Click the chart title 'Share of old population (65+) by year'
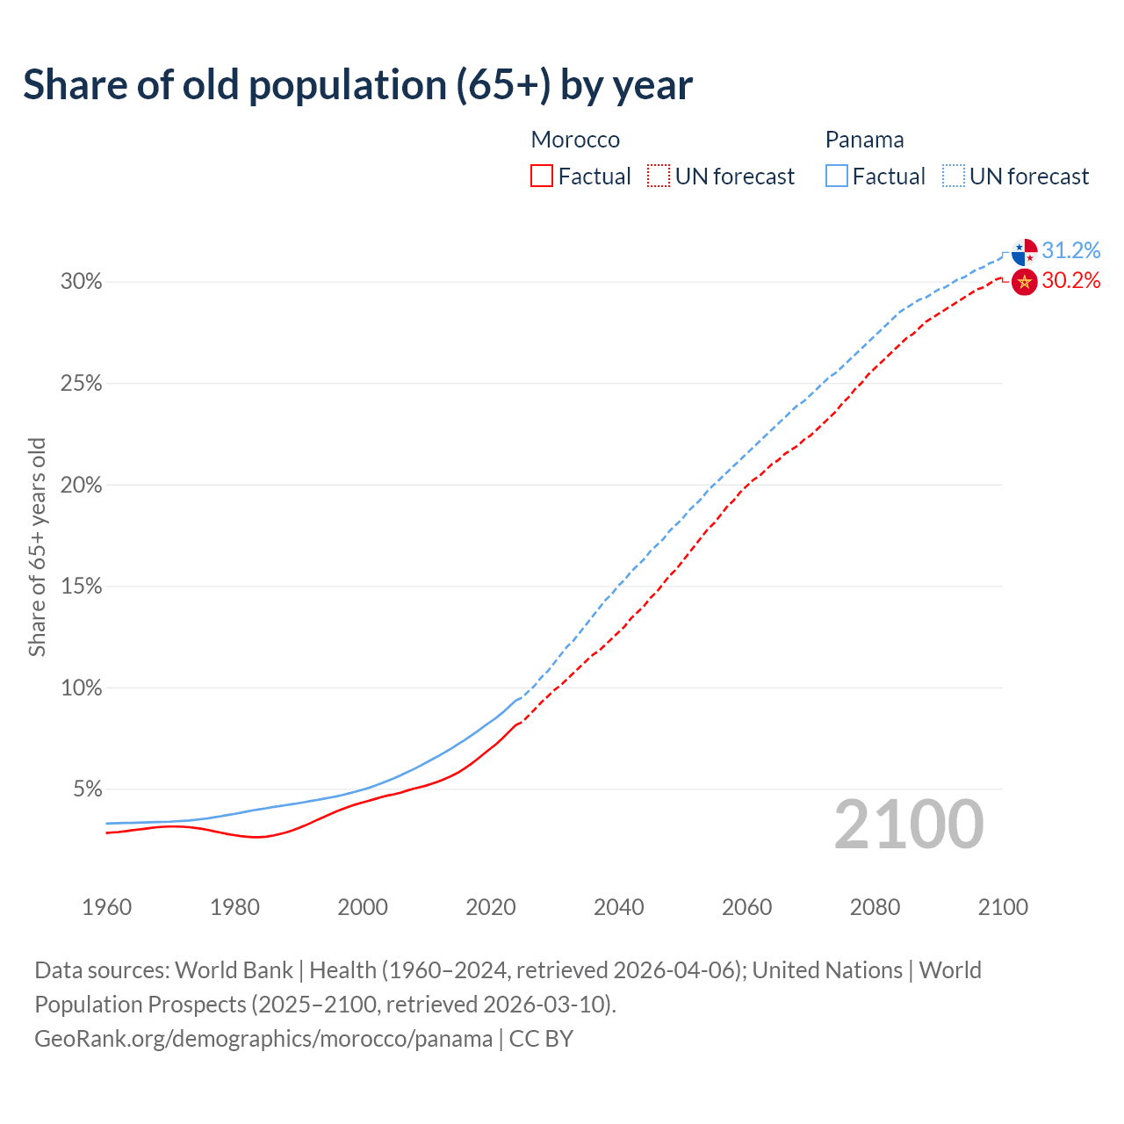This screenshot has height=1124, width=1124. pyautogui.click(x=357, y=85)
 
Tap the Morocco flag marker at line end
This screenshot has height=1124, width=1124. pyautogui.click(x=1024, y=282)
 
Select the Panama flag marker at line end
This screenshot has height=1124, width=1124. pyautogui.click(x=1024, y=252)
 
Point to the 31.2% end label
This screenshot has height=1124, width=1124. pyautogui.click(x=1070, y=251)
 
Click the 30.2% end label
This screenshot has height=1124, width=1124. pyautogui.click(x=1070, y=281)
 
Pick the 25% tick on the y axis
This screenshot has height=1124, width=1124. pyautogui.click(x=81, y=384)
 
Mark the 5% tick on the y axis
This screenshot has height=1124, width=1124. pyautogui.click(x=86, y=789)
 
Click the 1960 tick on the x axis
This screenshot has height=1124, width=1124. pyautogui.click(x=106, y=907)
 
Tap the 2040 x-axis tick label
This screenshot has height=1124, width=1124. pyautogui.click(x=618, y=907)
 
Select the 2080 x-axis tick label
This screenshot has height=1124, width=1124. pyautogui.click(x=875, y=907)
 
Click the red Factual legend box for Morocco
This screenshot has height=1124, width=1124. pyautogui.click(x=542, y=177)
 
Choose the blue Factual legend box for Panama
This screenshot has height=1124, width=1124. pyautogui.click(x=836, y=177)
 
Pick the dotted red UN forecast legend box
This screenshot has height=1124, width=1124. pyautogui.click(x=659, y=177)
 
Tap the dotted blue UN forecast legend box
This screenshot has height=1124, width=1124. pyautogui.click(x=953, y=177)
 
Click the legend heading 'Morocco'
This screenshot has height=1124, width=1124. pyautogui.click(x=575, y=140)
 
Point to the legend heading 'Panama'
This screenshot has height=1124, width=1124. pyautogui.click(x=864, y=140)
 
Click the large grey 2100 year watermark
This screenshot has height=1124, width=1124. pyautogui.click(x=908, y=825)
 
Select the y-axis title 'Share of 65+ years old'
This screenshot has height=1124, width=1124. pyautogui.click(x=37, y=546)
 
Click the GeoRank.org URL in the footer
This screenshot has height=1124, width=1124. pyautogui.click(x=263, y=1039)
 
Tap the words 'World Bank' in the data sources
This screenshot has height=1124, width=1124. pyautogui.click(x=234, y=970)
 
